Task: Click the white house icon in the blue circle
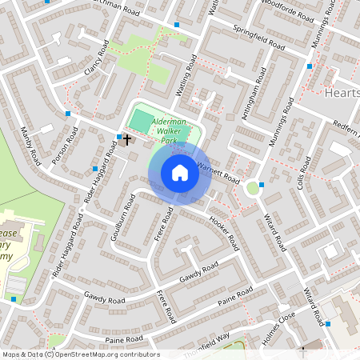point(180,173)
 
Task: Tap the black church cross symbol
point(126,139)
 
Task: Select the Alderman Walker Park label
point(169,129)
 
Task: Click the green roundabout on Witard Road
point(254,189)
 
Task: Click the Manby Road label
point(30,146)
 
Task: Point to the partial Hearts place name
point(343,93)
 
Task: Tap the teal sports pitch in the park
point(140,122)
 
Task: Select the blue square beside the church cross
point(118,138)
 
